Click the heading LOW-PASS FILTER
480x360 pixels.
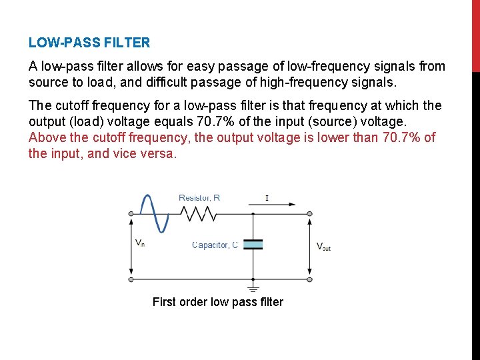coord(89,43)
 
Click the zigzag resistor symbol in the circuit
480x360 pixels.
coord(199,213)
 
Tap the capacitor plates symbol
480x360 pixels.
coord(253,245)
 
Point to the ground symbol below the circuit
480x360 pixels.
coord(253,288)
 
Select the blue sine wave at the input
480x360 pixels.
coord(150,213)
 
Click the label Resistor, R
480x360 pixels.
coord(199,197)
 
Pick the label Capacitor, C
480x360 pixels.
coord(215,245)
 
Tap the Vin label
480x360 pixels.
coord(140,243)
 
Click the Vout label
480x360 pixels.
coord(323,246)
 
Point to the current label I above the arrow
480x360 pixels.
coord(267,198)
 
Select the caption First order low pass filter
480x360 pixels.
coord(217,302)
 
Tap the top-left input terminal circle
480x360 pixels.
coord(131,213)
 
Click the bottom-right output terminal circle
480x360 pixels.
coord(309,279)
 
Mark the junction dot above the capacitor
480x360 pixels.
coord(253,213)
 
